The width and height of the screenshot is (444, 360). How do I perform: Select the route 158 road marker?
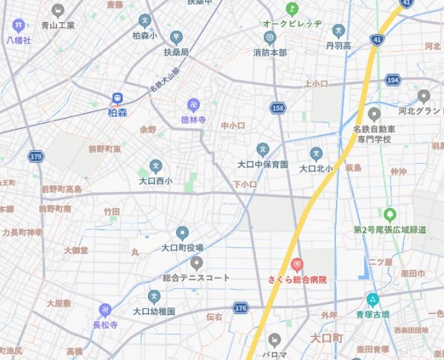coord(277,108)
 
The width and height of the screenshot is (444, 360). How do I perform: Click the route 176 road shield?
coord(240,307)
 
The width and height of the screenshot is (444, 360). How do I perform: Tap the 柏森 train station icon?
coord(117,98)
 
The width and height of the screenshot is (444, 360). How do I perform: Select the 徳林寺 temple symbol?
coord(193,104)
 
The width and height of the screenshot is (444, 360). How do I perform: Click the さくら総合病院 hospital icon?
coord(297,264)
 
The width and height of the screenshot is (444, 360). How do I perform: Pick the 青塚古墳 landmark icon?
coord(372,300)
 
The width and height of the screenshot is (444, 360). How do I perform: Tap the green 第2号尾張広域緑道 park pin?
coord(389,214)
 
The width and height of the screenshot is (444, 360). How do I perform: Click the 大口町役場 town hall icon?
coord(182,233)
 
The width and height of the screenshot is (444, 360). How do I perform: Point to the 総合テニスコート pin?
coord(196,262)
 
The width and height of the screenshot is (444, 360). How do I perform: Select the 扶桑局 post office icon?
coord(176,37)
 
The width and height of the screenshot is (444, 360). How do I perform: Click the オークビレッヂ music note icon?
coord(292,9)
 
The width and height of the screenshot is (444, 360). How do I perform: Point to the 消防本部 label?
coord(269,53)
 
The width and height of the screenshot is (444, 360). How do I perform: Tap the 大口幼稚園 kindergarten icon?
coord(154,296)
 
